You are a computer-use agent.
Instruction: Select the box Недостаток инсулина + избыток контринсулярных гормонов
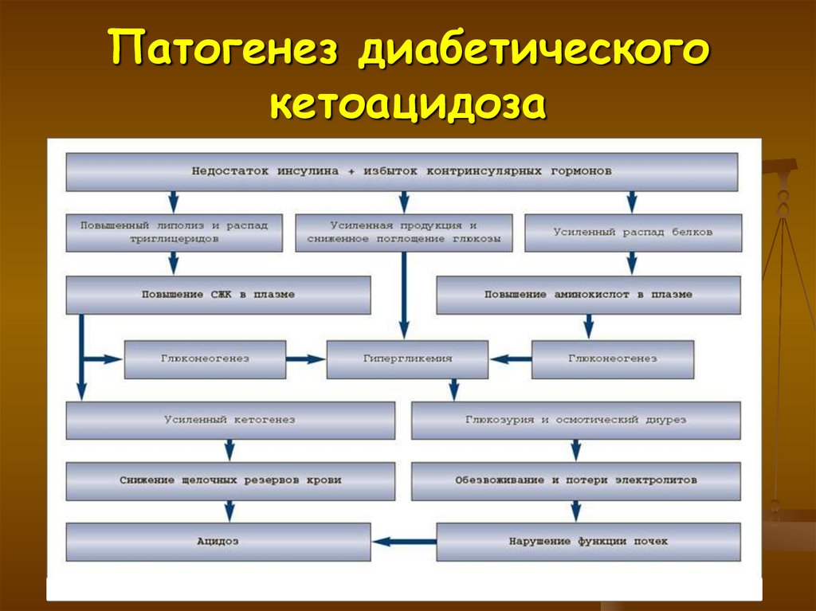coord(402,171)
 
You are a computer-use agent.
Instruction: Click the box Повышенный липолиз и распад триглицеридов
coord(173,233)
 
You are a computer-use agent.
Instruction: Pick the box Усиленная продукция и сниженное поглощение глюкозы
coord(404,233)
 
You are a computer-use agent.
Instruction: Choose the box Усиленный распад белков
coord(633,233)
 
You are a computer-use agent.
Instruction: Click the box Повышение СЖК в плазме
coord(218,295)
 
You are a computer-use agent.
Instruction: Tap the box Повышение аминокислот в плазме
coord(588,295)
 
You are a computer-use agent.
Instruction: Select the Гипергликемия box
coord(407,358)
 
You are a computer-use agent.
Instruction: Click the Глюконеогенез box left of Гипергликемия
coord(205,358)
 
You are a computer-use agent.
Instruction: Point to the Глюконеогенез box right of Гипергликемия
coord(612,358)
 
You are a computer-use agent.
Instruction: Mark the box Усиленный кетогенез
coord(230,420)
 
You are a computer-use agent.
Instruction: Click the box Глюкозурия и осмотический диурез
coord(575,420)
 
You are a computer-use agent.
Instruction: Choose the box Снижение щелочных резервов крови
coord(230,480)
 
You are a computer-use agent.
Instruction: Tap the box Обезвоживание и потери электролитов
coord(575,480)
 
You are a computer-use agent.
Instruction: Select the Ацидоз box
coord(218,542)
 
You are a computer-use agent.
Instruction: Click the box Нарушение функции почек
coord(588,542)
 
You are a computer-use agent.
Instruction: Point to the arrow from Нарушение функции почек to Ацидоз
coord(403,542)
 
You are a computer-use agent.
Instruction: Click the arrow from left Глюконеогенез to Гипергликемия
coord(306,358)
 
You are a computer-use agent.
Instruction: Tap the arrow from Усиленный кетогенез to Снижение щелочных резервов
coord(229,450)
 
